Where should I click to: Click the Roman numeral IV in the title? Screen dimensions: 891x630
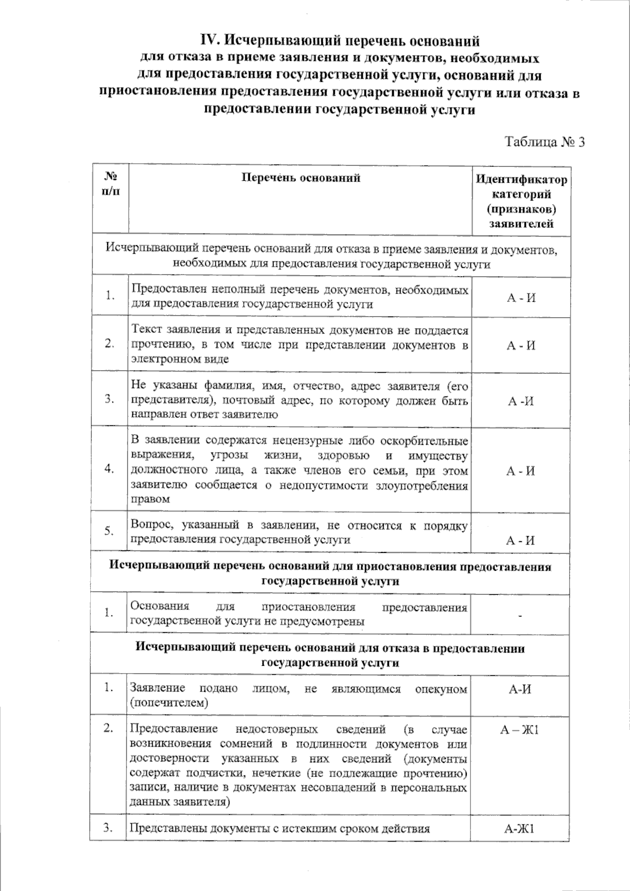pos(211,40)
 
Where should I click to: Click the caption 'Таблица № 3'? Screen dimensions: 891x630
pos(544,142)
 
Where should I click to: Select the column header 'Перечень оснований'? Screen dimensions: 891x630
pos(300,177)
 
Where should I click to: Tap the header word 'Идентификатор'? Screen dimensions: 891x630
pos(521,180)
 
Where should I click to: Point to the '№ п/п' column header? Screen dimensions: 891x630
pos(110,183)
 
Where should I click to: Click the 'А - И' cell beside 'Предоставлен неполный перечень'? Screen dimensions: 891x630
pos(521,298)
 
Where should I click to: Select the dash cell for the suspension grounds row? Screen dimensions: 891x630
pos(520,614)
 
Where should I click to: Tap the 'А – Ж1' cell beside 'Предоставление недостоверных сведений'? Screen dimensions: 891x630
pos(520,730)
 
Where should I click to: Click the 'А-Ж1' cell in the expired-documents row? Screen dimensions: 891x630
pos(519,829)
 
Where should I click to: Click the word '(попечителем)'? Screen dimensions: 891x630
pos(169,703)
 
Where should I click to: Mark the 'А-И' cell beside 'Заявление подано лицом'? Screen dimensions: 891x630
pos(520,689)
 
